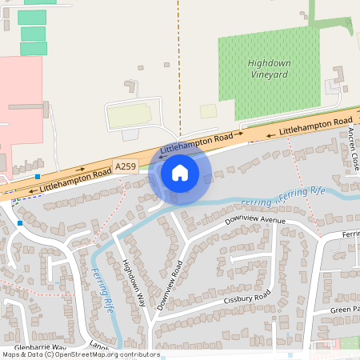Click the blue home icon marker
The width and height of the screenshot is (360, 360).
tap(180, 172)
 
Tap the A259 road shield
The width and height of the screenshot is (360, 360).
tap(126, 166)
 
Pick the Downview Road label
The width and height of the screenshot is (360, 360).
tap(170, 285)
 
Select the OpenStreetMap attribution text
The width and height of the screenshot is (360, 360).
tap(80, 354)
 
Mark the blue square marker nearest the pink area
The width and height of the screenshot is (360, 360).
tap(38, 176)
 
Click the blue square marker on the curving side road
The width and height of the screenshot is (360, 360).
tap(19, 224)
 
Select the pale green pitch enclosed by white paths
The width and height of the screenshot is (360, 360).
tap(129, 117)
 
